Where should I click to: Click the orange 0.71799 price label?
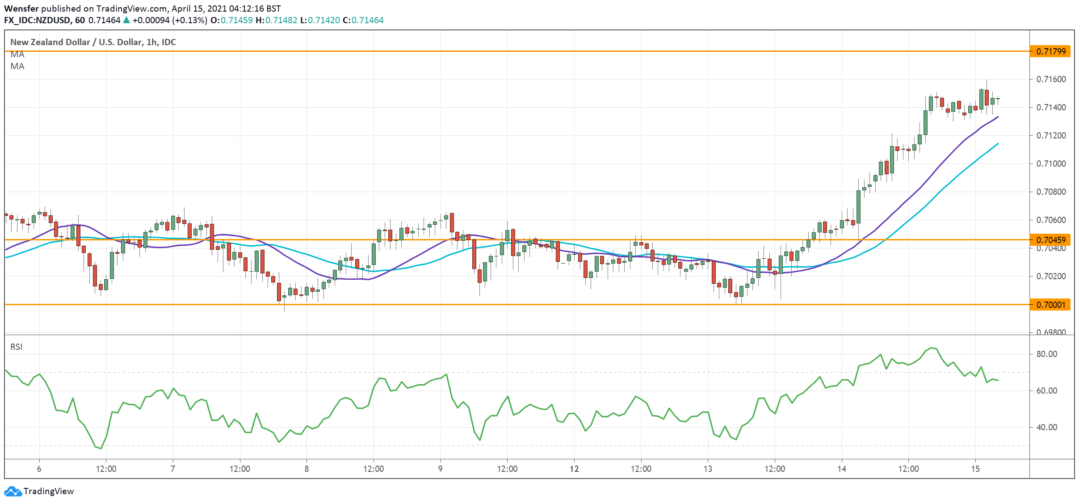click(x=1050, y=51)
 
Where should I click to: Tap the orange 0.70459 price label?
click(x=1050, y=240)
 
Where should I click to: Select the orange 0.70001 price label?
click(x=1050, y=305)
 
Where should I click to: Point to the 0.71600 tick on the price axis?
click(x=1050, y=79)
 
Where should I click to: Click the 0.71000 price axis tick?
click(x=1050, y=164)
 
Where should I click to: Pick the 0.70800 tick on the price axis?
click(x=1050, y=192)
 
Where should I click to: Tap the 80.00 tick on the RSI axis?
click(x=1046, y=354)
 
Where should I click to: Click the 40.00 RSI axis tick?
click(x=1046, y=427)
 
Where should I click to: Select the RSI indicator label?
click(x=17, y=347)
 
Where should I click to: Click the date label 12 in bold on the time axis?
click(x=574, y=469)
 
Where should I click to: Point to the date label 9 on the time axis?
click(x=441, y=469)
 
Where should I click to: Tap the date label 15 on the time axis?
click(x=975, y=469)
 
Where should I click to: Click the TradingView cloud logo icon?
click(x=13, y=491)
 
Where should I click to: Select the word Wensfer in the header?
click(x=21, y=8)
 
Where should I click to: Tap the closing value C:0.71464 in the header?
click(x=363, y=20)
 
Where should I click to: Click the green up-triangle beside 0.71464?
click(x=126, y=20)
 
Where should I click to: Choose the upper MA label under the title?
click(x=17, y=54)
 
